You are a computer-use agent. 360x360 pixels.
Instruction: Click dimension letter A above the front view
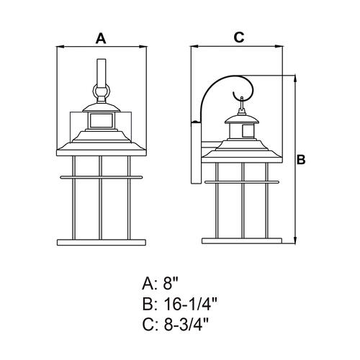point(101,39)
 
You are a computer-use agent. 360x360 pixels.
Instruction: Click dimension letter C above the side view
point(239,37)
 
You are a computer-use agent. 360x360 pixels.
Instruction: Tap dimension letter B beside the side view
point(301,160)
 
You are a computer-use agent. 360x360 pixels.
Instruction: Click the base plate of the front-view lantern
point(102,243)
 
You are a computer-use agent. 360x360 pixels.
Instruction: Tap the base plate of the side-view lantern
point(242,241)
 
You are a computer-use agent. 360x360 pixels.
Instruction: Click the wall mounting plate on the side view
point(196,153)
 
